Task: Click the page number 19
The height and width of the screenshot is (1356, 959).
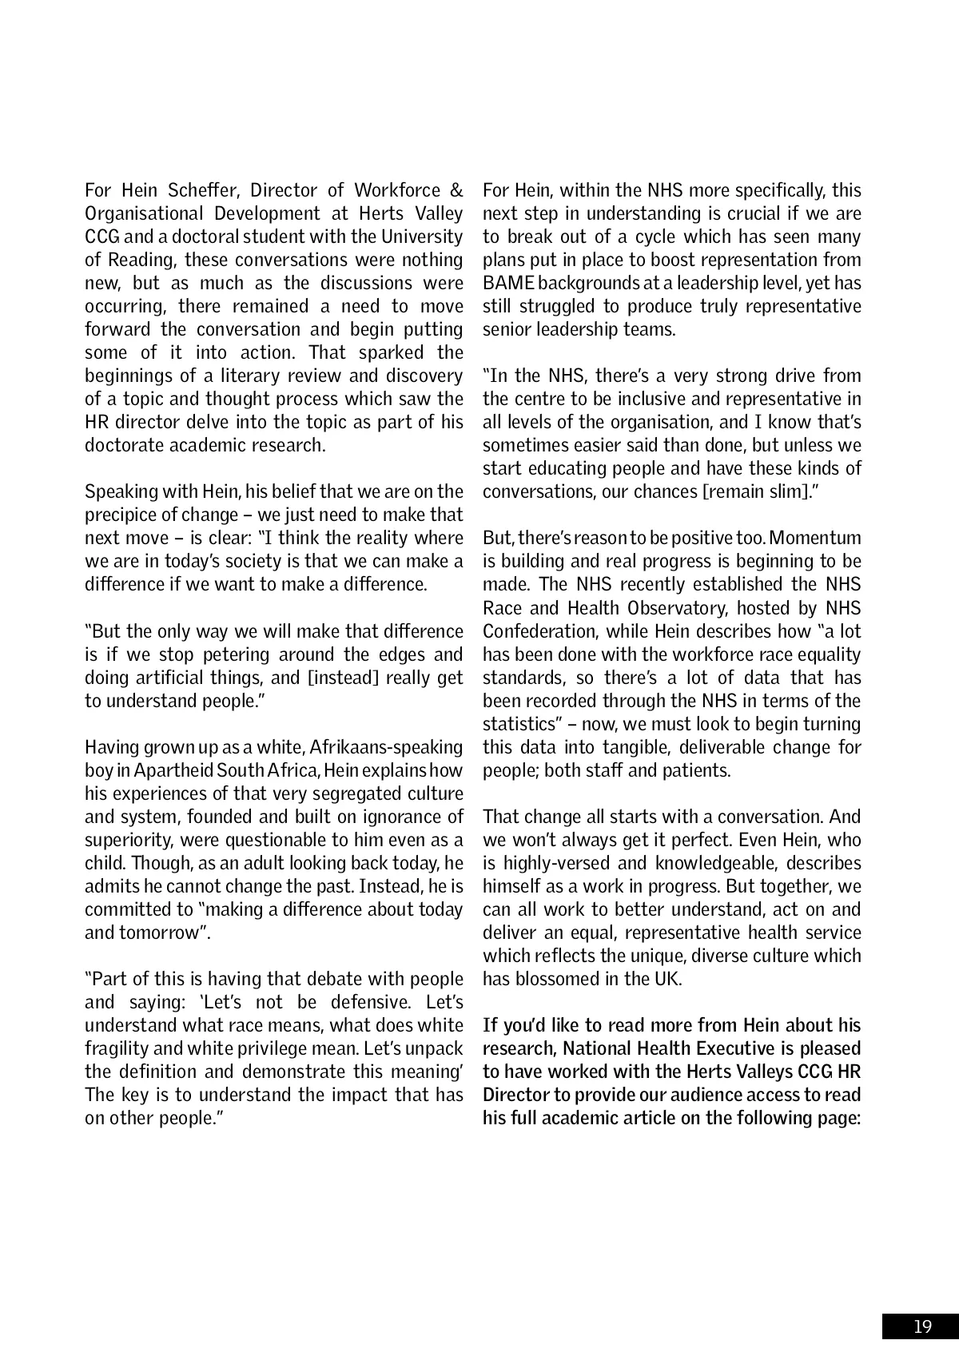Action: tap(922, 1327)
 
